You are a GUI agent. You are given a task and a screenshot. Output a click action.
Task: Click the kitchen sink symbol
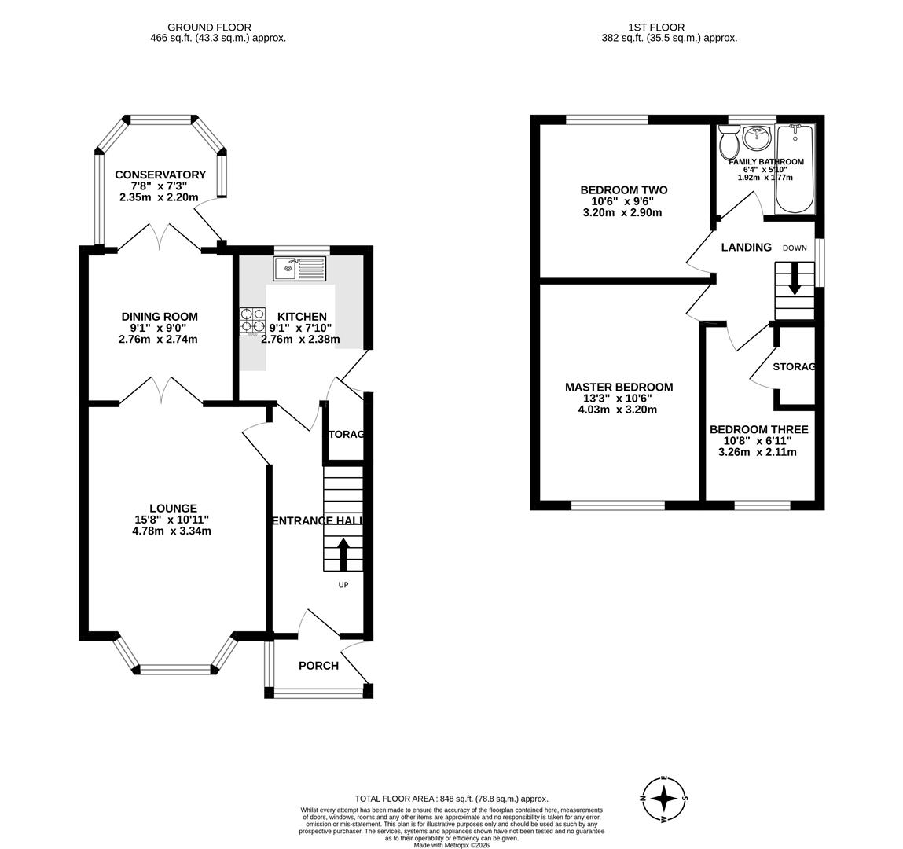pos(299,269)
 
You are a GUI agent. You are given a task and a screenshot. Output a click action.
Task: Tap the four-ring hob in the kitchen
pos(252,321)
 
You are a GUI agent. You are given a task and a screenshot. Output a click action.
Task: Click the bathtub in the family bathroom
pos(795,168)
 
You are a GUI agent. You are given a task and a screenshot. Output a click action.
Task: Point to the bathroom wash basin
pos(757,138)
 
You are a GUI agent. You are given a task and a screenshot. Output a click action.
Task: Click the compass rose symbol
pos(664,798)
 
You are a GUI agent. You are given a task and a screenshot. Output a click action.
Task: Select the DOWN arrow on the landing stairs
pos(795,279)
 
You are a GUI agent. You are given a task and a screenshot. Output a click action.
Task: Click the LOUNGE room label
pos(173,509)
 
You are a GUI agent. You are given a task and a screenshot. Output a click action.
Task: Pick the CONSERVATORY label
pos(160,175)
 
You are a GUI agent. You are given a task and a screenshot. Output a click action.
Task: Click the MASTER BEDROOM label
pos(619,387)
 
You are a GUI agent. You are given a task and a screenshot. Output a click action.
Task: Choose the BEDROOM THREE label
pos(758,430)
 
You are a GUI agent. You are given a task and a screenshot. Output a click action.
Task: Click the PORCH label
pos(318,666)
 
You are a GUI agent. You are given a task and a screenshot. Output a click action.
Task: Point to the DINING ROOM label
pos(160,317)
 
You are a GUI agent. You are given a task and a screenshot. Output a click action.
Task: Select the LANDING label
pos(746,248)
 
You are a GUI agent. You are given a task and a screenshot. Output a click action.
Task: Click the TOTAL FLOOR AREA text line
pos(451,799)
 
